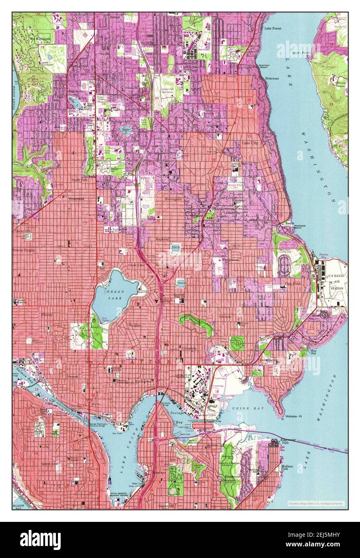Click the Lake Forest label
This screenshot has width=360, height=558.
pos(272,29)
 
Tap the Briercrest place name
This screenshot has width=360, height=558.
pos(272,79)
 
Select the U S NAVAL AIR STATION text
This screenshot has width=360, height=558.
pos(336,283)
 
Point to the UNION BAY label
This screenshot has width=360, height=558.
pos(244,409)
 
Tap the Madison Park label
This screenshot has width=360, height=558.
pos(287,468)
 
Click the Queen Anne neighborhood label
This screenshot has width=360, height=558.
pos(51,463)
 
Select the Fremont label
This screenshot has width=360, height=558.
pos(73,377)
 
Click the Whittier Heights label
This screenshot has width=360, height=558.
pos(24,250)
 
